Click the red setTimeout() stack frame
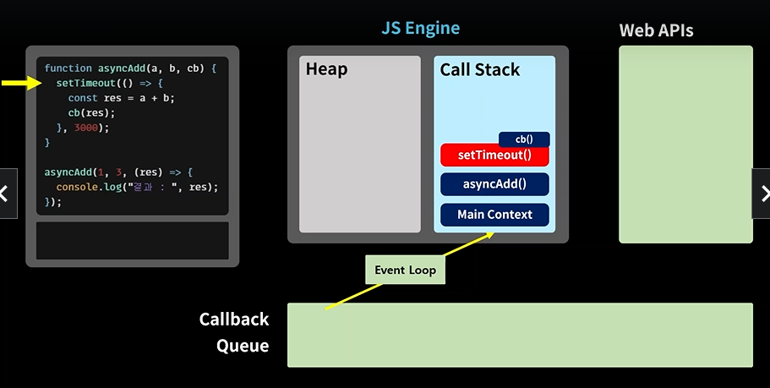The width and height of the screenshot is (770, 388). [x=494, y=156]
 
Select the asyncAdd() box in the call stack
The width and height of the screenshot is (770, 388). [x=494, y=184]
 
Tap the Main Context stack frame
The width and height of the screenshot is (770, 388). [x=494, y=215]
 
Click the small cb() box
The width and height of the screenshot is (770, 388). [x=524, y=139]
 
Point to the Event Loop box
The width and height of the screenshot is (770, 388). [x=405, y=270]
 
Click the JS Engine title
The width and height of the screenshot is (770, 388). [x=420, y=28]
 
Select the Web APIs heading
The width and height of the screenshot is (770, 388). [x=656, y=30]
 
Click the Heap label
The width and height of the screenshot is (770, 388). [x=326, y=69]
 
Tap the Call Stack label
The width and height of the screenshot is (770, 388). [x=480, y=70]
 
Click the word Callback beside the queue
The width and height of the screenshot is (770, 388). [x=234, y=320]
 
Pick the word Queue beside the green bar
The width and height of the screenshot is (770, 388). [x=243, y=346]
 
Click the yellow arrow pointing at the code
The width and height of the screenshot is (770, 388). [x=21, y=83]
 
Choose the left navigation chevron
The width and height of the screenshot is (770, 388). [x=4, y=194]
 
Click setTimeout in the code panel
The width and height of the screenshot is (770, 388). [x=86, y=84]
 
